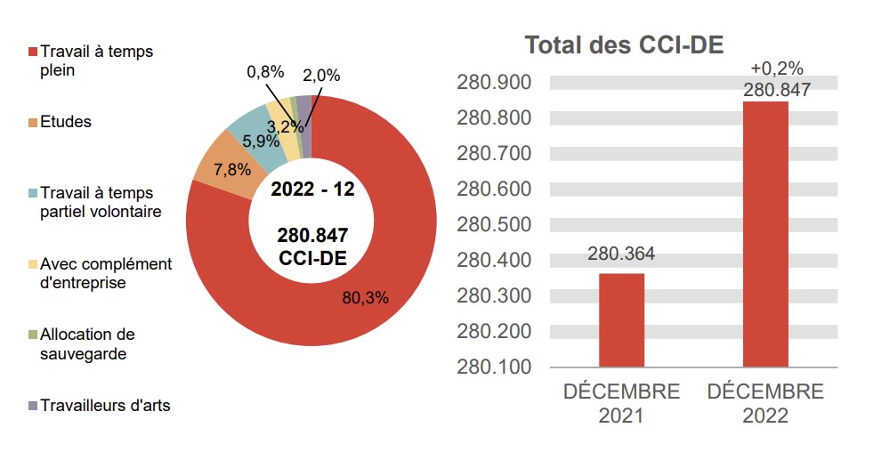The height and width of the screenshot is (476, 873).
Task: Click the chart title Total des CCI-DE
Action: (x=624, y=45)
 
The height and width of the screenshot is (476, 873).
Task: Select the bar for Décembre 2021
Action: (x=621, y=319)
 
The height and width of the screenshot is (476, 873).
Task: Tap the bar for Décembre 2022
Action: (x=765, y=234)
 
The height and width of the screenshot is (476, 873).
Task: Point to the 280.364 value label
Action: (x=621, y=254)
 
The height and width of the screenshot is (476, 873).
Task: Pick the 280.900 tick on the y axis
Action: (x=493, y=83)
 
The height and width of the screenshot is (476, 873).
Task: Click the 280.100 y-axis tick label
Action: (x=493, y=367)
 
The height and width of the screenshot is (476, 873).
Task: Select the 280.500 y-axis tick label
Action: (x=493, y=224)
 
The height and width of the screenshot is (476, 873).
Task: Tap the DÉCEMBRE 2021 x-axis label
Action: (x=621, y=403)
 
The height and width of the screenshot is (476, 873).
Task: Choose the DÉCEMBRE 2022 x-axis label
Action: (x=765, y=403)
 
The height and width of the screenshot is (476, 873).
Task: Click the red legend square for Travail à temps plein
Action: (x=33, y=52)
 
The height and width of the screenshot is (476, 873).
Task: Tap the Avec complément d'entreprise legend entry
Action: (x=100, y=273)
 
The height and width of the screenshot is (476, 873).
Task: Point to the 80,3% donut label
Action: (x=366, y=297)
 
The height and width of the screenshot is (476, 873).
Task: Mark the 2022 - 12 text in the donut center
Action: (x=312, y=190)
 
